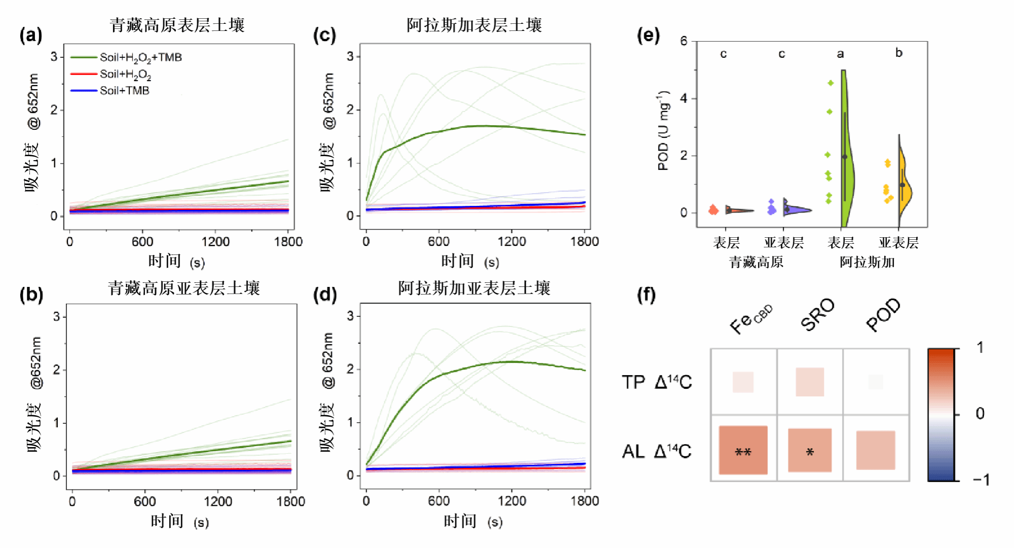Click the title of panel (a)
(177, 25)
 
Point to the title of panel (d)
(474, 288)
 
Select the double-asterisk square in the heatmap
(743, 450)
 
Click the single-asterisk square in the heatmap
(810, 450)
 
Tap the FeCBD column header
(750, 319)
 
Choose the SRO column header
(817, 314)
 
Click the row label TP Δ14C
(657, 382)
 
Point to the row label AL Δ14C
(657, 451)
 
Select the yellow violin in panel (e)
(904, 188)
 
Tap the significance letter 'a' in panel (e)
(841, 54)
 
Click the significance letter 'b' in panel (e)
(899, 53)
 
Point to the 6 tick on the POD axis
(684, 41)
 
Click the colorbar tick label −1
(981, 480)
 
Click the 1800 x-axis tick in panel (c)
(585, 241)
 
